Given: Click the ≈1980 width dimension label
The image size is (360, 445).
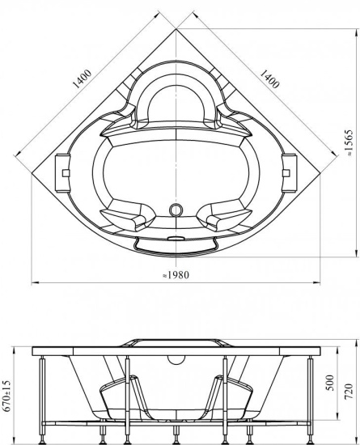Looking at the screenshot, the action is coord(176,275).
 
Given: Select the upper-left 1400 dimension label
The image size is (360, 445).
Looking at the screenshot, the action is coord(83,79).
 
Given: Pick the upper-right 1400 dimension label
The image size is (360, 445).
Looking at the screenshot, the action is coord(269,79).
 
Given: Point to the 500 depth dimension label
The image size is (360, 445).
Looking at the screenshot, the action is coord(330,383).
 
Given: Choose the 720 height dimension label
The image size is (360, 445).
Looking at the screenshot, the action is coord(349,391).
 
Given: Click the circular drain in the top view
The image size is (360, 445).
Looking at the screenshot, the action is coord(176,210).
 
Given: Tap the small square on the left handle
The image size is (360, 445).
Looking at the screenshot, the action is coord(66,173).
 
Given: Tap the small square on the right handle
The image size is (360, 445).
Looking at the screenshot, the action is coord(286,173).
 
